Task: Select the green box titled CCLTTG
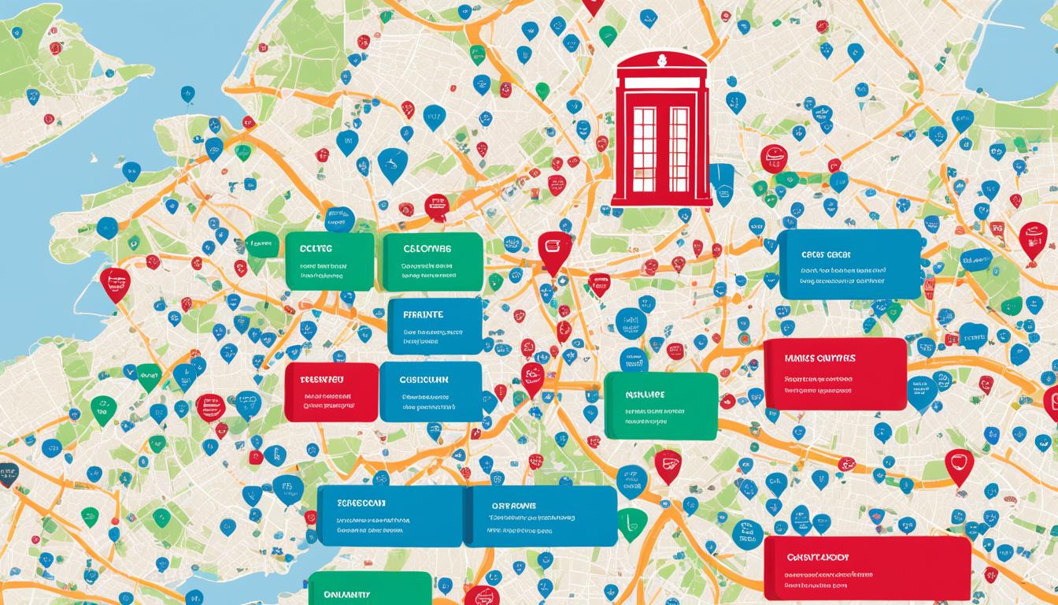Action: click(x=329, y=261)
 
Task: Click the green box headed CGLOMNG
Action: click(x=432, y=261)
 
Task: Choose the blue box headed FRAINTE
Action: click(x=435, y=325)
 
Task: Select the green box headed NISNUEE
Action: click(x=660, y=405)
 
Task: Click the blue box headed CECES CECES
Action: click(x=849, y=264)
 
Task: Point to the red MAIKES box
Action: click(x=835, y=373)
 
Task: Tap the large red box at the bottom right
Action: click(x=867, y=568)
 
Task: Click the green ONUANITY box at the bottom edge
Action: click(x=369, y=589)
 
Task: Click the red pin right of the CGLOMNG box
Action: click(x=554, y=249)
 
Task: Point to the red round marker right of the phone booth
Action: click(x=773, y=158)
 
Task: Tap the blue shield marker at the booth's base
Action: click(x=722, y=183)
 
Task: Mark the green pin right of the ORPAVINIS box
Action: click(x=632, y=522)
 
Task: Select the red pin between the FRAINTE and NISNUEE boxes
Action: click(x=533, y=378)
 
